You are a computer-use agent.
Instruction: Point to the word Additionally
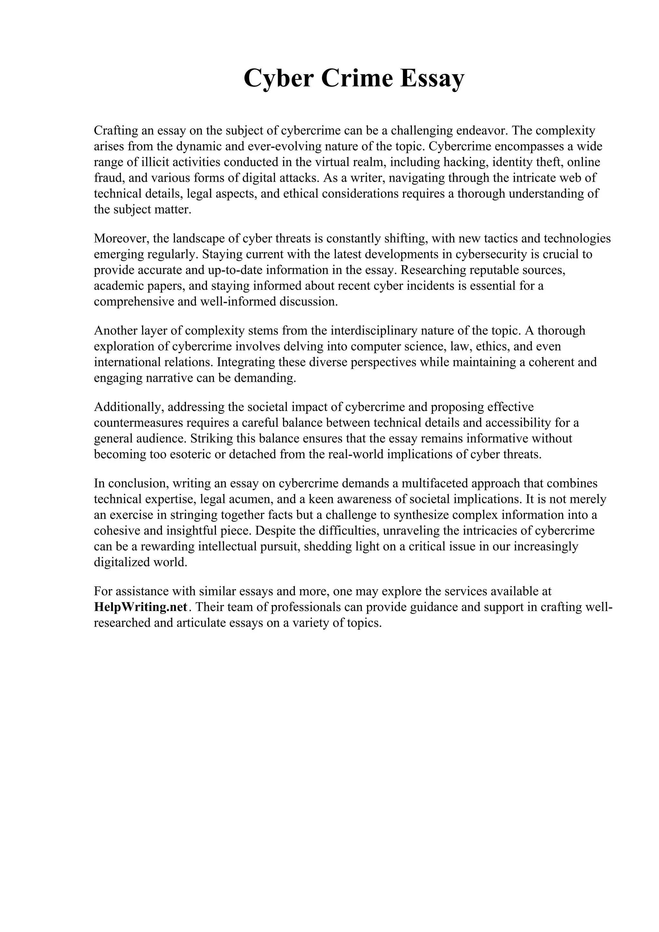(x=129, y=407)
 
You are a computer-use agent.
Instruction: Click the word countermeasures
(x=138, y=423)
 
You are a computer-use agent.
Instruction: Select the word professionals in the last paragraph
(x=309, y=607)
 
